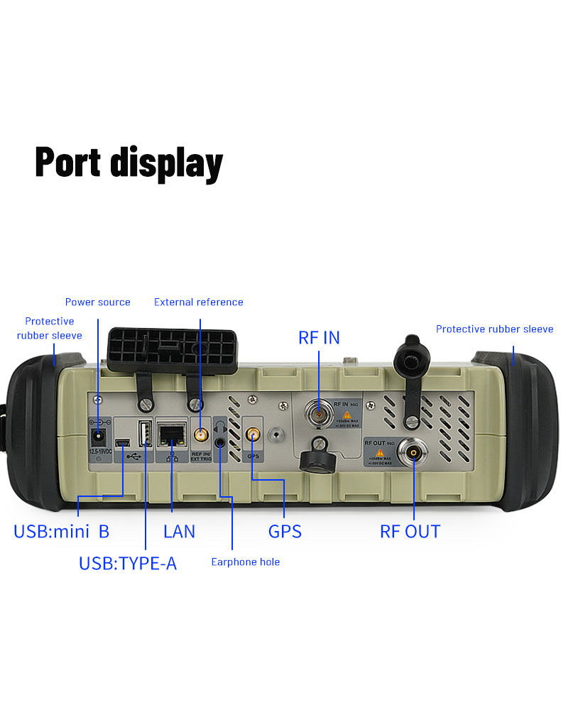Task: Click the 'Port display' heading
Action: (x=129, y=162)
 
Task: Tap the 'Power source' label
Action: (x=98, y=302)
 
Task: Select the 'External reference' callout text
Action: (x=199, y=302)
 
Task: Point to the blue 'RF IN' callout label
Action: (x=319, y=337)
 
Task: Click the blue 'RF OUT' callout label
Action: (x=410, y=531)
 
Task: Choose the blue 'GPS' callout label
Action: (x=285, y=531)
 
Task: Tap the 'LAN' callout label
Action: (x=179, y=531)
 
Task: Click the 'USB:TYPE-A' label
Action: (x=128, y=564)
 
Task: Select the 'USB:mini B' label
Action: (x=62, y=531)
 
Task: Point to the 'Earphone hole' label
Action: (x=246, y=562)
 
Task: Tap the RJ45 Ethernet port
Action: (x=172, y=432)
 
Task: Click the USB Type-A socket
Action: (x=144, y=433)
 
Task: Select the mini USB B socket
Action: (x=123, y=444)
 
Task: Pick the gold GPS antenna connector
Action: (x=252, y=434)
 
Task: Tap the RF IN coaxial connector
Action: (x=318, y=413)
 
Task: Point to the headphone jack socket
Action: (x=223, y=442)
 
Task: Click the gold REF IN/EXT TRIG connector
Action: (x=201, y=434)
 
